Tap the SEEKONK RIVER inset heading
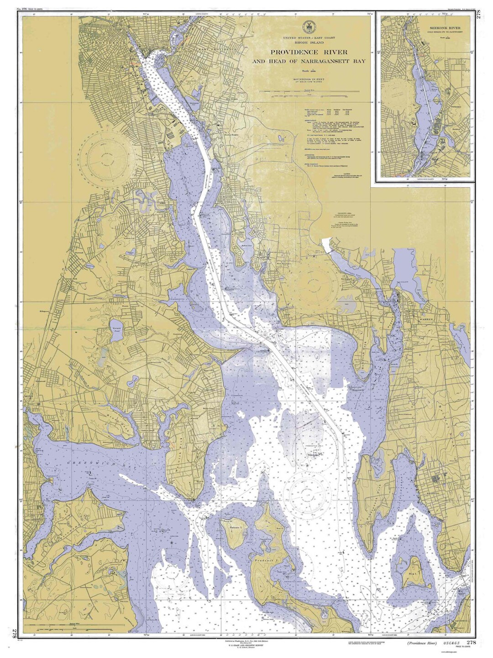444,29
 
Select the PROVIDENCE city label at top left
108,42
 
